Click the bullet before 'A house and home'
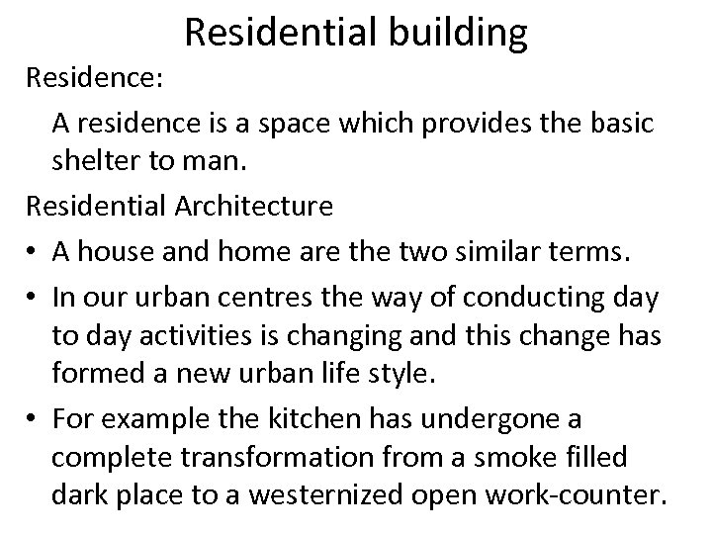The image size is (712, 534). [x=33, y=250]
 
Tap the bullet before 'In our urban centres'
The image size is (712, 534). [x=33, y=294]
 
